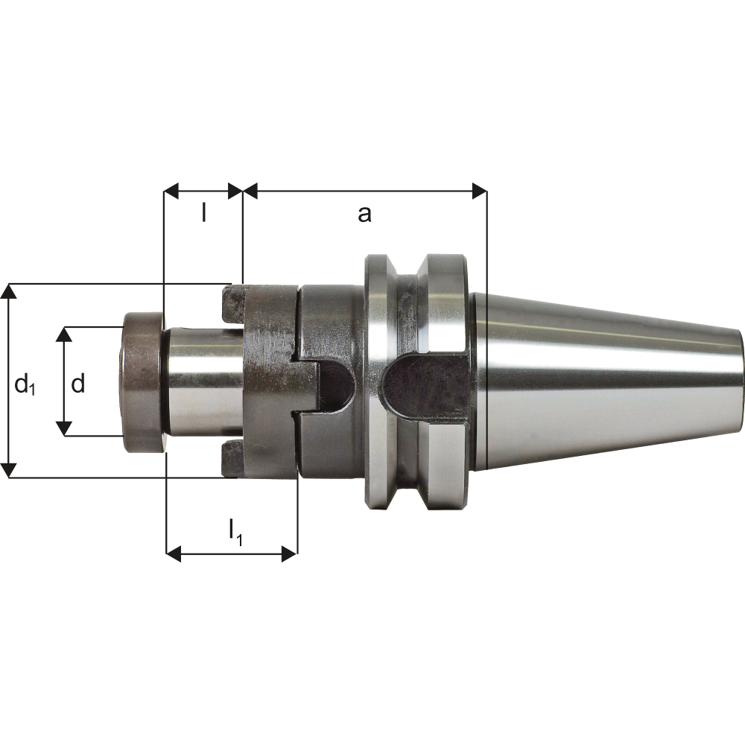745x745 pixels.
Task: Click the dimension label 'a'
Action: (x=364, y=215)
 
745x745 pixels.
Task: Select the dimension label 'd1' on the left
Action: (x=25, y=384)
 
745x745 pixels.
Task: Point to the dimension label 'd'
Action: (x=78, y=382)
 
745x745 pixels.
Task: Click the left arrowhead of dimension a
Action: (x=250, y=191)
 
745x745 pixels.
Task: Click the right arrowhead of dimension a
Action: (x=479, y=191)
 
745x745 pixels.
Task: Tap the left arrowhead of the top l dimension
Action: (x=171, y=191)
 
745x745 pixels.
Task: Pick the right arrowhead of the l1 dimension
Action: (x=289, y=554)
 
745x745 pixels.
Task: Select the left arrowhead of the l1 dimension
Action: (x=174, y=554)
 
